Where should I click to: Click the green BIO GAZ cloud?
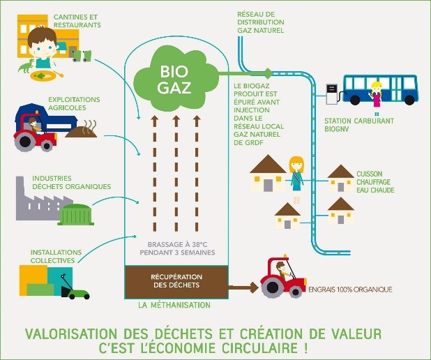point(175,78)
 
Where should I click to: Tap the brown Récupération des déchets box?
point(176,282)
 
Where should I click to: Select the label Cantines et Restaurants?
point(77,21)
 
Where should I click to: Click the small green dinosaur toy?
point(27,66)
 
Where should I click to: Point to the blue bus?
point(381,89)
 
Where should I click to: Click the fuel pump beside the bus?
point(332,94)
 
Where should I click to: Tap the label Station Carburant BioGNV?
point(359,125)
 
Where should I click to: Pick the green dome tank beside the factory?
point(75,214)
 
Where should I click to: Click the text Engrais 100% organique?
point(350,290)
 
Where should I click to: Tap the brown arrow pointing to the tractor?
point(243,287)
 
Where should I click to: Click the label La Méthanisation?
point(174,305)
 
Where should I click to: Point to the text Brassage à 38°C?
point(177,244)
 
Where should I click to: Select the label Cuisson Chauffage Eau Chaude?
point(375,182)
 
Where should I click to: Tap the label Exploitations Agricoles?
point(74,103)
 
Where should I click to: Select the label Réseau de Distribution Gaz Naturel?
point(261,22)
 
